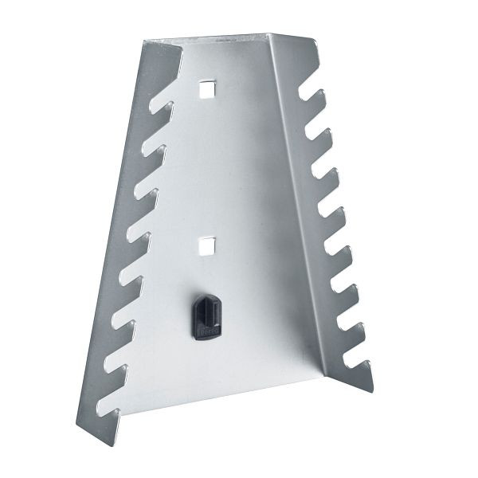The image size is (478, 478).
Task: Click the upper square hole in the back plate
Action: pyautogui.click(x=207, y=89)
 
